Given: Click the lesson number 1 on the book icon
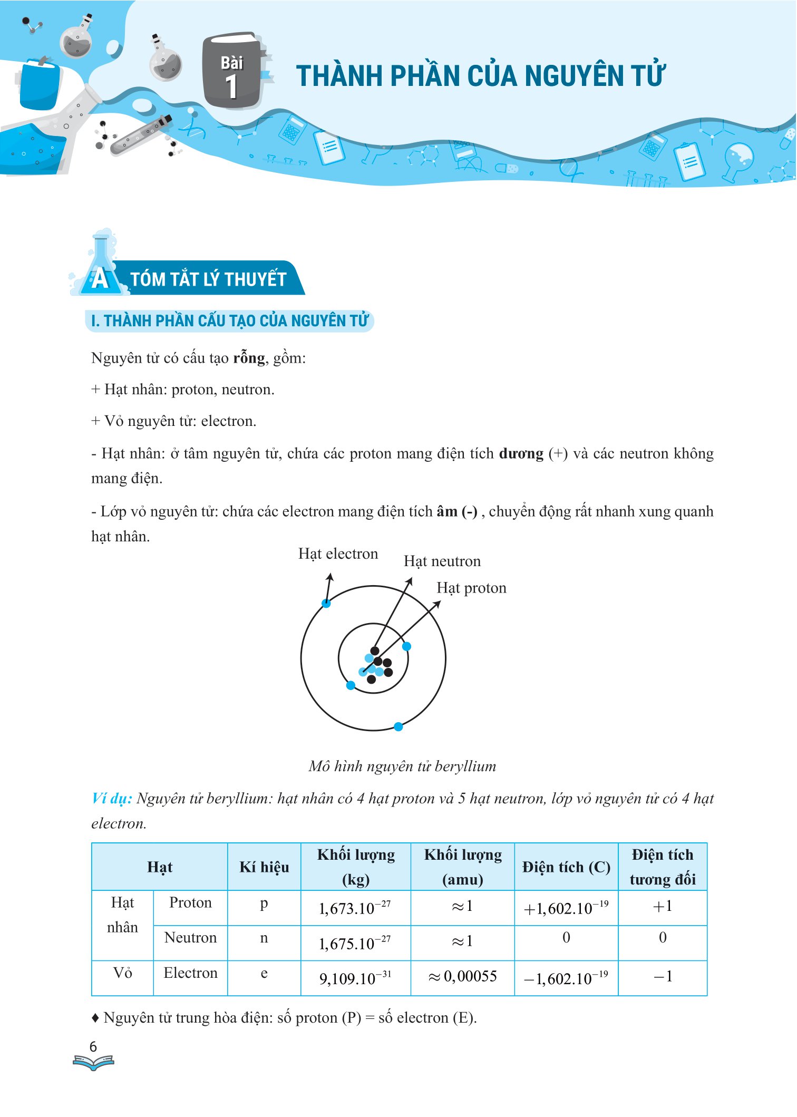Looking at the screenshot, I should [231, 87].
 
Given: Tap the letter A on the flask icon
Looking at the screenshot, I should [100, 279].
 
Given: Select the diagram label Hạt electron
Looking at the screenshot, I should [338, 553].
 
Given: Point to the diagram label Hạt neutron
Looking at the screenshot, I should [442, 561].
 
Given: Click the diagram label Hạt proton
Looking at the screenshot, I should [471, 588].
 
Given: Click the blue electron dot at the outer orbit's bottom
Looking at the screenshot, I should [398, 727].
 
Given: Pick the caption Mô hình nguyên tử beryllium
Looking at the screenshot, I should [402, 766].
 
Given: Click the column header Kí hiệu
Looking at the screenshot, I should [264, 867].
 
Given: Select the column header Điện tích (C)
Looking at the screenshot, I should [566, 867].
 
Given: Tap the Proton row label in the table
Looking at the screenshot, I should [190, 902].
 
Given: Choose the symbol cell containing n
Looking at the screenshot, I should [264, 938].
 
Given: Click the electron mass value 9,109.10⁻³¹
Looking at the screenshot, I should [355, 978].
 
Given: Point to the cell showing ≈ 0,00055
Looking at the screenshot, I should [462, 976].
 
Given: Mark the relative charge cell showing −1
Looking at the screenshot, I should [663, 976].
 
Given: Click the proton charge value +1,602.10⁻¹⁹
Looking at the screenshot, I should [566, 908].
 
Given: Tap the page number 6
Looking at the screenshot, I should [93, 1046].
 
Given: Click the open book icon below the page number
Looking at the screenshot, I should [93, 1062].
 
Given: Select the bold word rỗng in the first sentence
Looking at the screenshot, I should [249, 358].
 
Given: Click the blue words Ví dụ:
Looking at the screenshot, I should [112, 798].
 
